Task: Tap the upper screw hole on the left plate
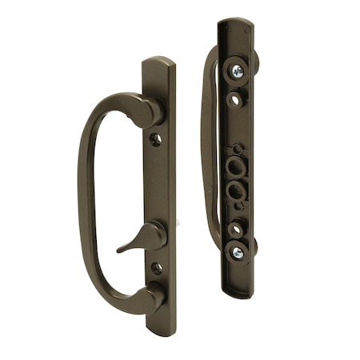click(x=156, y=139)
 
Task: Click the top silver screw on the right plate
click(x=238, y=70)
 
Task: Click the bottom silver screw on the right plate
click(x=238, y=252)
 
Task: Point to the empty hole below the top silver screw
click(x=234, y=101)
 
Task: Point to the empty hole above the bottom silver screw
click(x=236, y=230)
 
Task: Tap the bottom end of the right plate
click(x=238, y=294)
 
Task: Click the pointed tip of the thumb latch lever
click(x=119, y=250)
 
